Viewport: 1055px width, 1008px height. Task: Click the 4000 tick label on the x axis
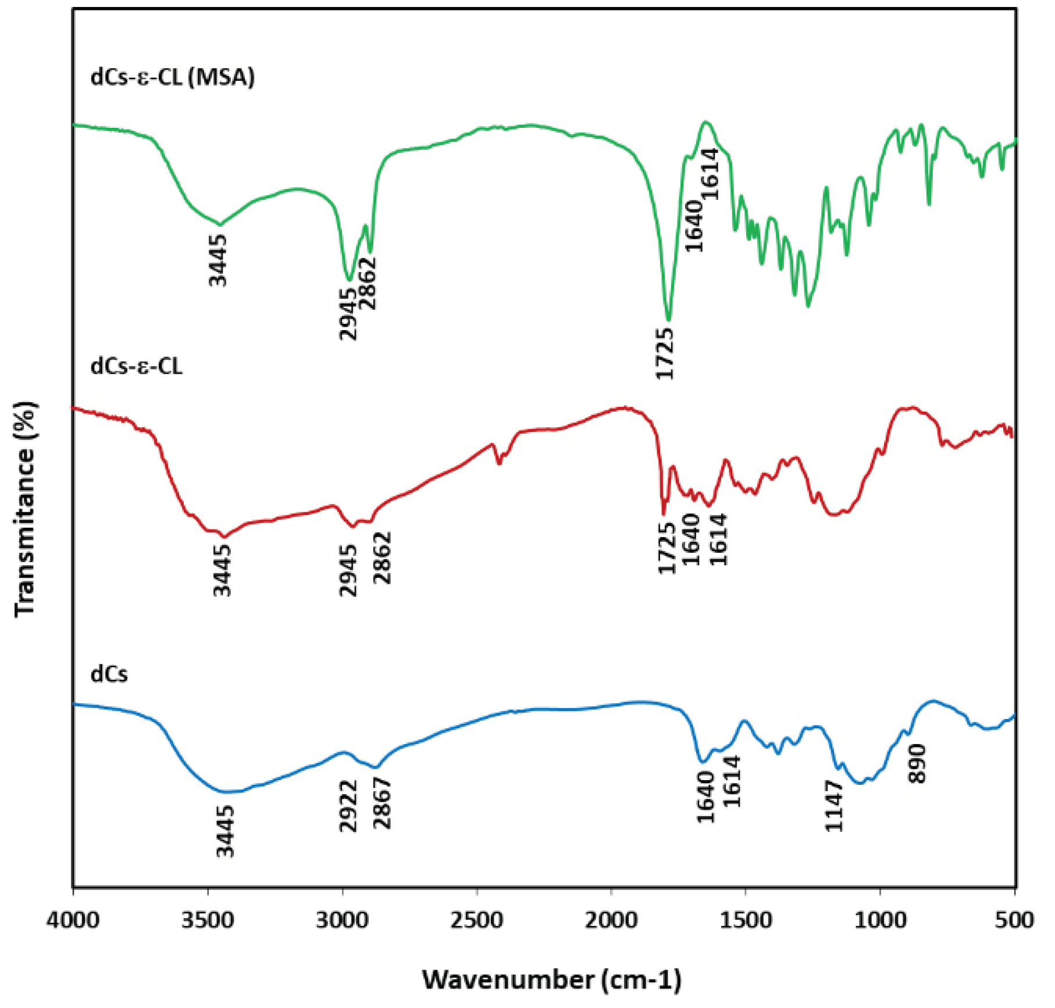click(73, 920)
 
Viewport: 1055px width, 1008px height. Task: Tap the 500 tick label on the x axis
click(1015, 920)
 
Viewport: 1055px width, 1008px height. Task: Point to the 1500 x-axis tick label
click(746, 920)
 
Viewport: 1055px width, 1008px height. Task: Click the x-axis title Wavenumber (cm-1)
click(551, 980)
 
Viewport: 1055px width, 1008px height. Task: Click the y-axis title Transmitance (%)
click(26, 509)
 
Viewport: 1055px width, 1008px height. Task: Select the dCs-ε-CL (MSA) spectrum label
click(173, 77)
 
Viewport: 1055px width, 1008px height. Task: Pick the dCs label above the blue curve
click(109, 674)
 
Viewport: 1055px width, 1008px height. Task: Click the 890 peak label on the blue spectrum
click(917, 764)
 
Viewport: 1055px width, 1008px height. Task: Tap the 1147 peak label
click(833, 806)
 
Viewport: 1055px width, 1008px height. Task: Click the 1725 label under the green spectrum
click(664, 353)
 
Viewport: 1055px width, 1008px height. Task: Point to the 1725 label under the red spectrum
click(666, 548)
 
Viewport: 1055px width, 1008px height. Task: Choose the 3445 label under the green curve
click(218, 260)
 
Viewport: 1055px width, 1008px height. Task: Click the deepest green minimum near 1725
click(668, 319)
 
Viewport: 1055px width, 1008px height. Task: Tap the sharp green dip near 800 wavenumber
click(929, 203)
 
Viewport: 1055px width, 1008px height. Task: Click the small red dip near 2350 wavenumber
click(498, 463)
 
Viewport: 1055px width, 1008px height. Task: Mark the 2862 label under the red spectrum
click(382, 557)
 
